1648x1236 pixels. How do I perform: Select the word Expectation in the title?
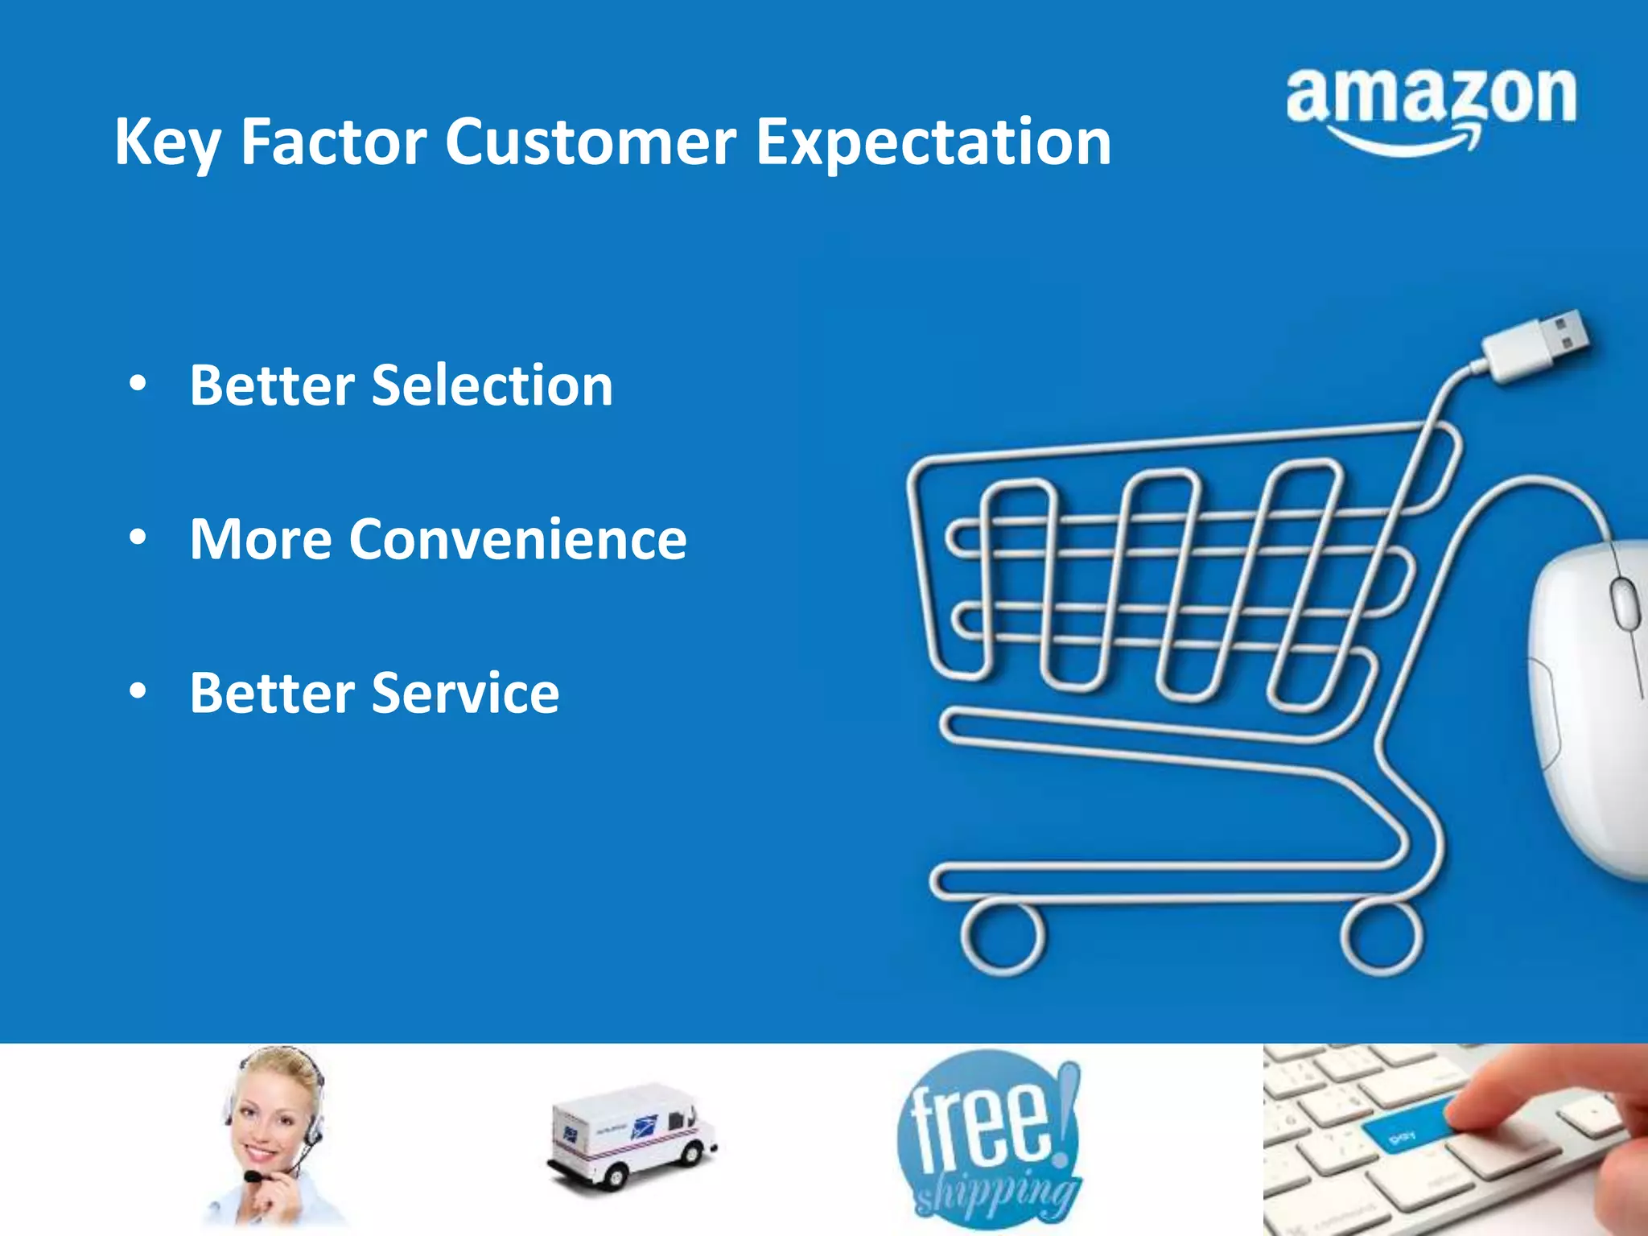click(933, 143)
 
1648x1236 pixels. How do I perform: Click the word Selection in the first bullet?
click(492, 385)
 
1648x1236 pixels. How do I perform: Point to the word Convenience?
click(517, 539)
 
